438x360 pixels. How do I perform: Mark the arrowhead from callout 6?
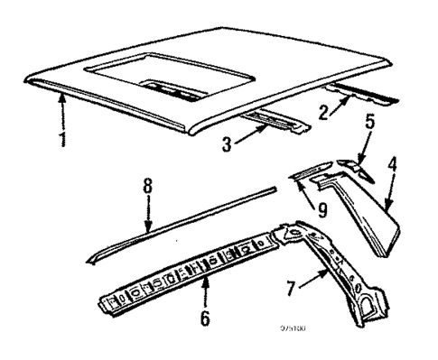(x=207, y=282)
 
